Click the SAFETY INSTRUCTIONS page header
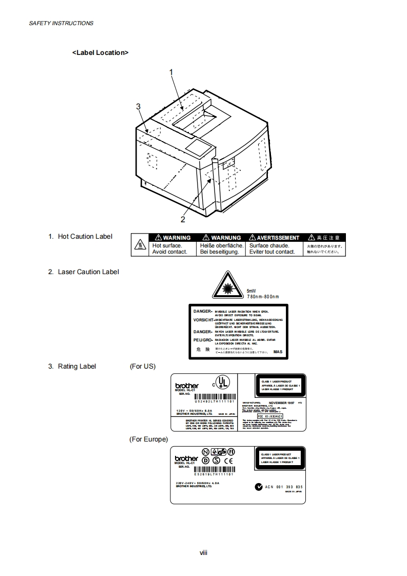click(61, 23)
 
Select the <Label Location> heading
click(100, 52)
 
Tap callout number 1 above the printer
click(171, 72)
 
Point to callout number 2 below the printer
click(182, 219)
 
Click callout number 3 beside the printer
click(138, 106)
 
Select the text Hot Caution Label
click(85, 237)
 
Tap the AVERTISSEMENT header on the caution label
click(274, 238)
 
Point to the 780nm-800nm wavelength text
click(263, 297)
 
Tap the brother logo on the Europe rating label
click(186, 458)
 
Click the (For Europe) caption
click(149, 439)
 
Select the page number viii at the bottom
click(203, 552)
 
